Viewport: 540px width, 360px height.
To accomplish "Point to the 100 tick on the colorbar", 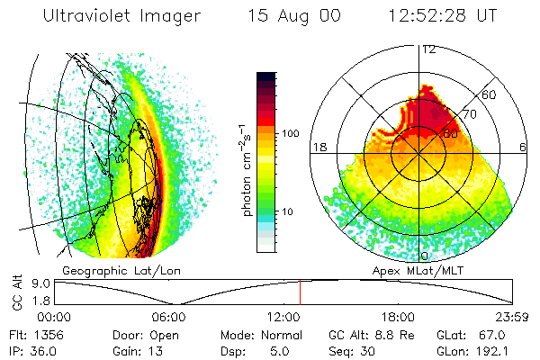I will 291,133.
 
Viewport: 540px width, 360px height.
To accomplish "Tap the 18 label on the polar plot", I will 318,147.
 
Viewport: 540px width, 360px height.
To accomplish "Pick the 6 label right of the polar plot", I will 523,147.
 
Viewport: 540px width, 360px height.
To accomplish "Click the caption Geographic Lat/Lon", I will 115,270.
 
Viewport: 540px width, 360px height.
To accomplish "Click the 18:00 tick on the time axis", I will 399,317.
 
